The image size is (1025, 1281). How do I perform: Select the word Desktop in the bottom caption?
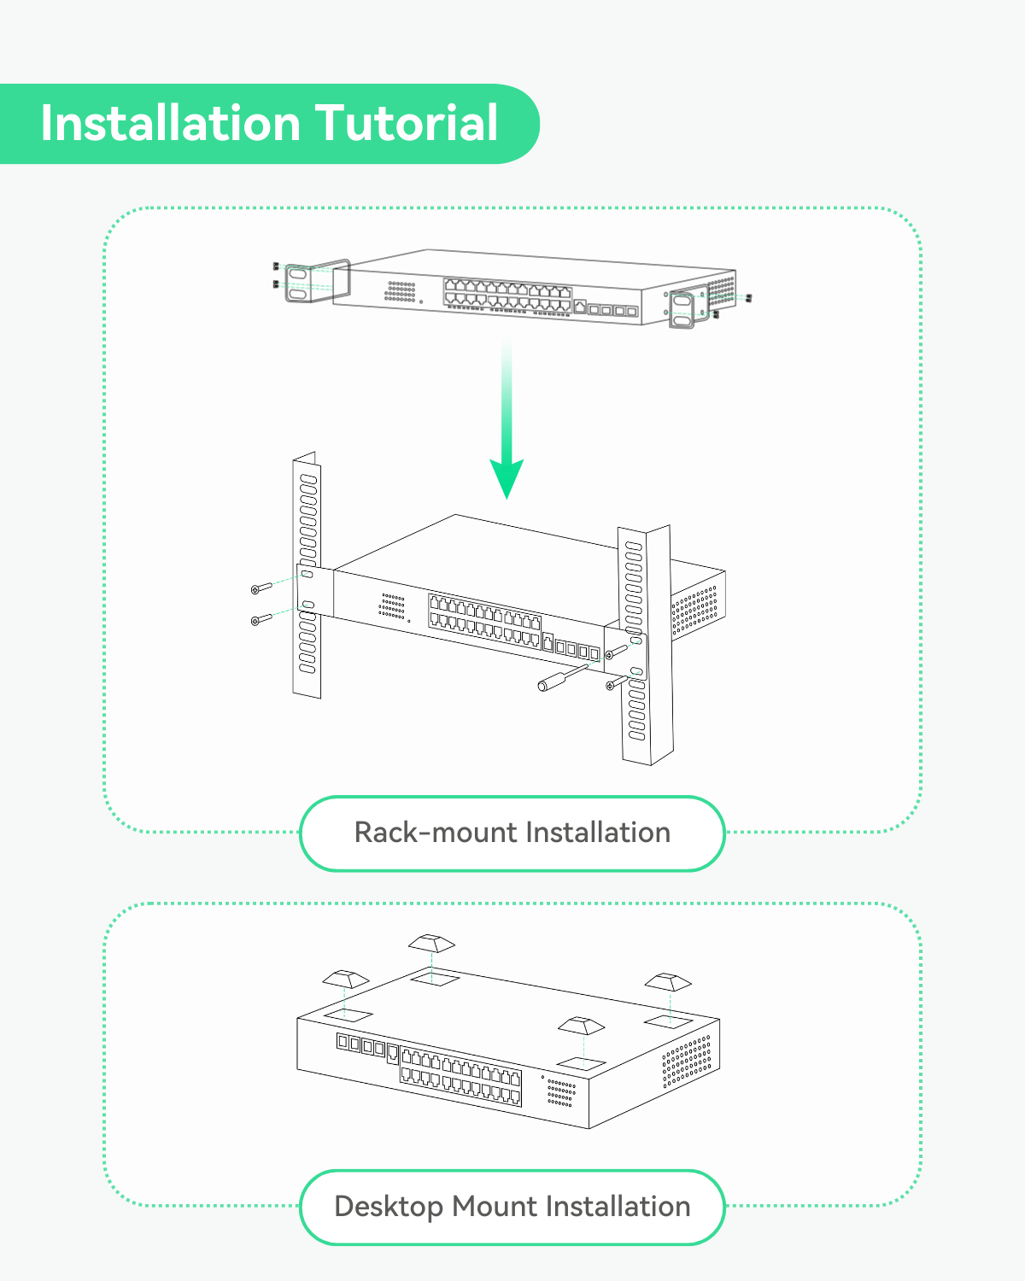pyautogui.click(x=389, y=1207)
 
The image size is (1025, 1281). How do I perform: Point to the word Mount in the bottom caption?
pyautogui.click(x=495, y=1207)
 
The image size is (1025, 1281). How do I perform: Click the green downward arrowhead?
pyautogui.click(x=507, y=478)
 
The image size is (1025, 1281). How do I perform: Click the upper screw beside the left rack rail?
pyautogui.click(x=261, y=588)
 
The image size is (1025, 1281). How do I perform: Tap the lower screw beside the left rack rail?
pyautogui.click(x=261, y=619)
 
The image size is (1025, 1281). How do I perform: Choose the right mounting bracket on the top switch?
pyautogui.click(x=688, y=308)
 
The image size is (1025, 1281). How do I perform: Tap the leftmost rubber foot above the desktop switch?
pyautogui.click(x=345, y=978)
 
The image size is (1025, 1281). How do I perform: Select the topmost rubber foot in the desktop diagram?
pyautogui.click(x=431, y=943)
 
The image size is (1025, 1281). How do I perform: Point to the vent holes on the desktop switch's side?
pyautogui.click(x=687, y=1062)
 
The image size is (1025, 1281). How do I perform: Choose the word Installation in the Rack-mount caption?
pyautogui.click(x=598, y=833)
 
